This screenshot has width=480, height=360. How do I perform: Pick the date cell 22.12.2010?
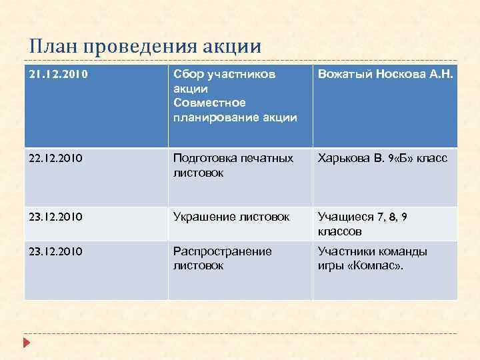55,159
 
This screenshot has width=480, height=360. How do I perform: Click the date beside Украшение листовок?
55,217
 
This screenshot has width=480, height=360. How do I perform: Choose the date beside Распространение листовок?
55,251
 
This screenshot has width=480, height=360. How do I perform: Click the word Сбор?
187,75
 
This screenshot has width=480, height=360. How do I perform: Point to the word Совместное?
209,103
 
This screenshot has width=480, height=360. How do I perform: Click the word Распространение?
222,251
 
